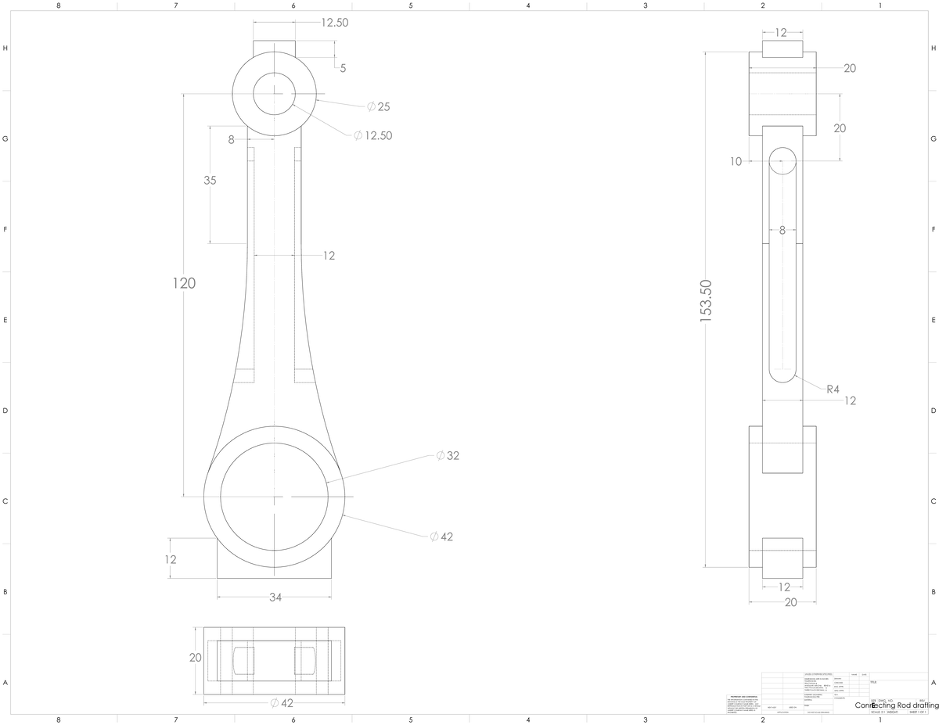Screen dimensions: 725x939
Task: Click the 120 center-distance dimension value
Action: pos(184,283)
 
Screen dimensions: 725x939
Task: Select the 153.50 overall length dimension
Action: pos(706,301)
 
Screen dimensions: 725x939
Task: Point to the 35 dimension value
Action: pos(210,180)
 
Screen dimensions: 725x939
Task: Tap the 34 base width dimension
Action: pos(275,598)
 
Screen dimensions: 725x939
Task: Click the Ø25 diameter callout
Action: pos(378,106)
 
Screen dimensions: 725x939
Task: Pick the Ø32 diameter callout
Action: pos(448,455)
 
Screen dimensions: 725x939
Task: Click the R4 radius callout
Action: pos(833,389)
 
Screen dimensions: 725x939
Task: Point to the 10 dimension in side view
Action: pos(736,162)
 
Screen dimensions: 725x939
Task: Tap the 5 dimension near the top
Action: pos(343,68)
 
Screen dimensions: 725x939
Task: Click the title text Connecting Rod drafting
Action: pos(897,705)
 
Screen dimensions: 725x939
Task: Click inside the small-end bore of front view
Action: pos(274,94)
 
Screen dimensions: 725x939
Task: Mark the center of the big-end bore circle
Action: pos(275,496)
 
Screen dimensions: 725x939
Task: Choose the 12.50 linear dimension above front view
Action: pos(334,23)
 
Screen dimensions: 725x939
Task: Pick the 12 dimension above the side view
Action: pos(781,33)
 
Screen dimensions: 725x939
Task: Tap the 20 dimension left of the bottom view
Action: pos(196,657)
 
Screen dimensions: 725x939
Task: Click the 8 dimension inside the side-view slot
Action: pos(782,230)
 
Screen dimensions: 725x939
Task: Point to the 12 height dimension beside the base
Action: pos(171,559)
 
